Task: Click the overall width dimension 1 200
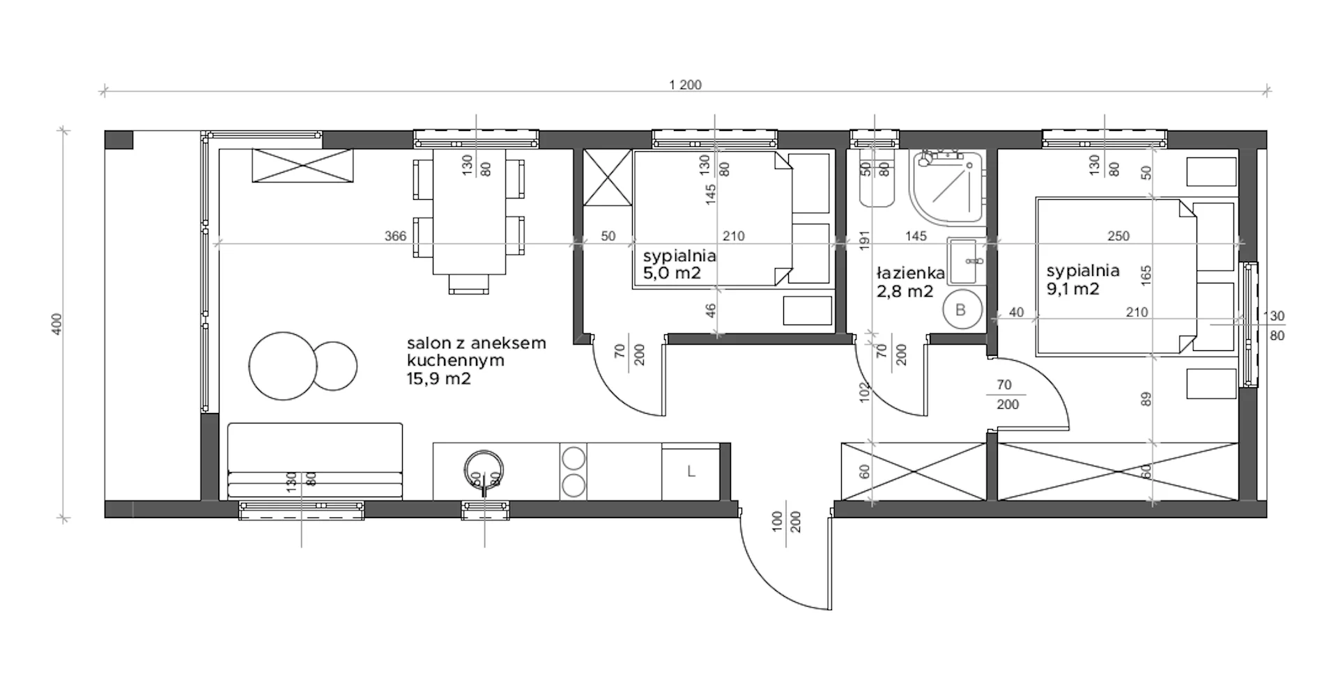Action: pos(685,85)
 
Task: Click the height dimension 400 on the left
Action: pos(57,324)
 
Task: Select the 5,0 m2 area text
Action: pos(672,273)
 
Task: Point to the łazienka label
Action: pos(909,273)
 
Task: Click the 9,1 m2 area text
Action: pos(1072,288)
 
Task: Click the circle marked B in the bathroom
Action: pos(961,310)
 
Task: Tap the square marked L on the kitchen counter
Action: pos(691,471)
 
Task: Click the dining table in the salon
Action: pos(470,212)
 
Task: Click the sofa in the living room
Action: pos(315,460)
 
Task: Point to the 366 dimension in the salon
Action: pos(395,236)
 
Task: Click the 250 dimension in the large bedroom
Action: pos(1118,236)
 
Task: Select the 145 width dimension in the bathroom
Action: pos(916,236)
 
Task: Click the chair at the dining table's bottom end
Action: pos(470,284)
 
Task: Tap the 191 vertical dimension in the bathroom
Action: pos(866,240)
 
